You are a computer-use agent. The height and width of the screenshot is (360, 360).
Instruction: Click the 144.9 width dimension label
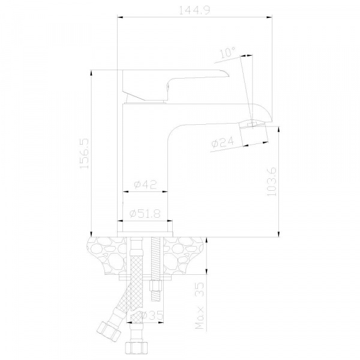(x=194, y=10)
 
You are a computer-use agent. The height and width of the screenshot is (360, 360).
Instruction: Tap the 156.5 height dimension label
(x=84, y=154)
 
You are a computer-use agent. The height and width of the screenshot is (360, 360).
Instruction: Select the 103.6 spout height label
(x=272, y=181)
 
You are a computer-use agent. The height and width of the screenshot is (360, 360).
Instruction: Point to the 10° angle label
(x=228, y=53)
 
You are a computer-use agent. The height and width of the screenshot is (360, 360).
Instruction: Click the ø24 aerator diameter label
(x=223, y=142)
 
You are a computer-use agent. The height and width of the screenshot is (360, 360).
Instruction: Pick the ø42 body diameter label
(x=145, y=184)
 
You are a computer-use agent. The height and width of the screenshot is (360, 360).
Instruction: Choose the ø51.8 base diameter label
(x=145, y=214)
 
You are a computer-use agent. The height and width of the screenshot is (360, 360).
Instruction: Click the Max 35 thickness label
(x=199, y=306)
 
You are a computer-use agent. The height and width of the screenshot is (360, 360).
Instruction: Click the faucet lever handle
(x=176, y=85)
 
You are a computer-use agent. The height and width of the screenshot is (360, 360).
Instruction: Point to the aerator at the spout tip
(x=254, y=134)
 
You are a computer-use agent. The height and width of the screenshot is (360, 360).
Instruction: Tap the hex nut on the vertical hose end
(x=136, y=349)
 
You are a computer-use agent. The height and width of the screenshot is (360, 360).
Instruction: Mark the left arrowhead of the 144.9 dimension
(x=121, y=17)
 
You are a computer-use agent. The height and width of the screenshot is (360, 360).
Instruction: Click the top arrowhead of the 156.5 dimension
(x=91, y=73)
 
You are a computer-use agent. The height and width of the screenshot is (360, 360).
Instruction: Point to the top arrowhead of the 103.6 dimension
(x=279, y=130)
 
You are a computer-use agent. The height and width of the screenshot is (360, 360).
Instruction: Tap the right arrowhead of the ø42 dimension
(x=164, y=191)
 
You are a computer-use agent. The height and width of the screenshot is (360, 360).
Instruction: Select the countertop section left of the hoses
(x=107, y=255)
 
